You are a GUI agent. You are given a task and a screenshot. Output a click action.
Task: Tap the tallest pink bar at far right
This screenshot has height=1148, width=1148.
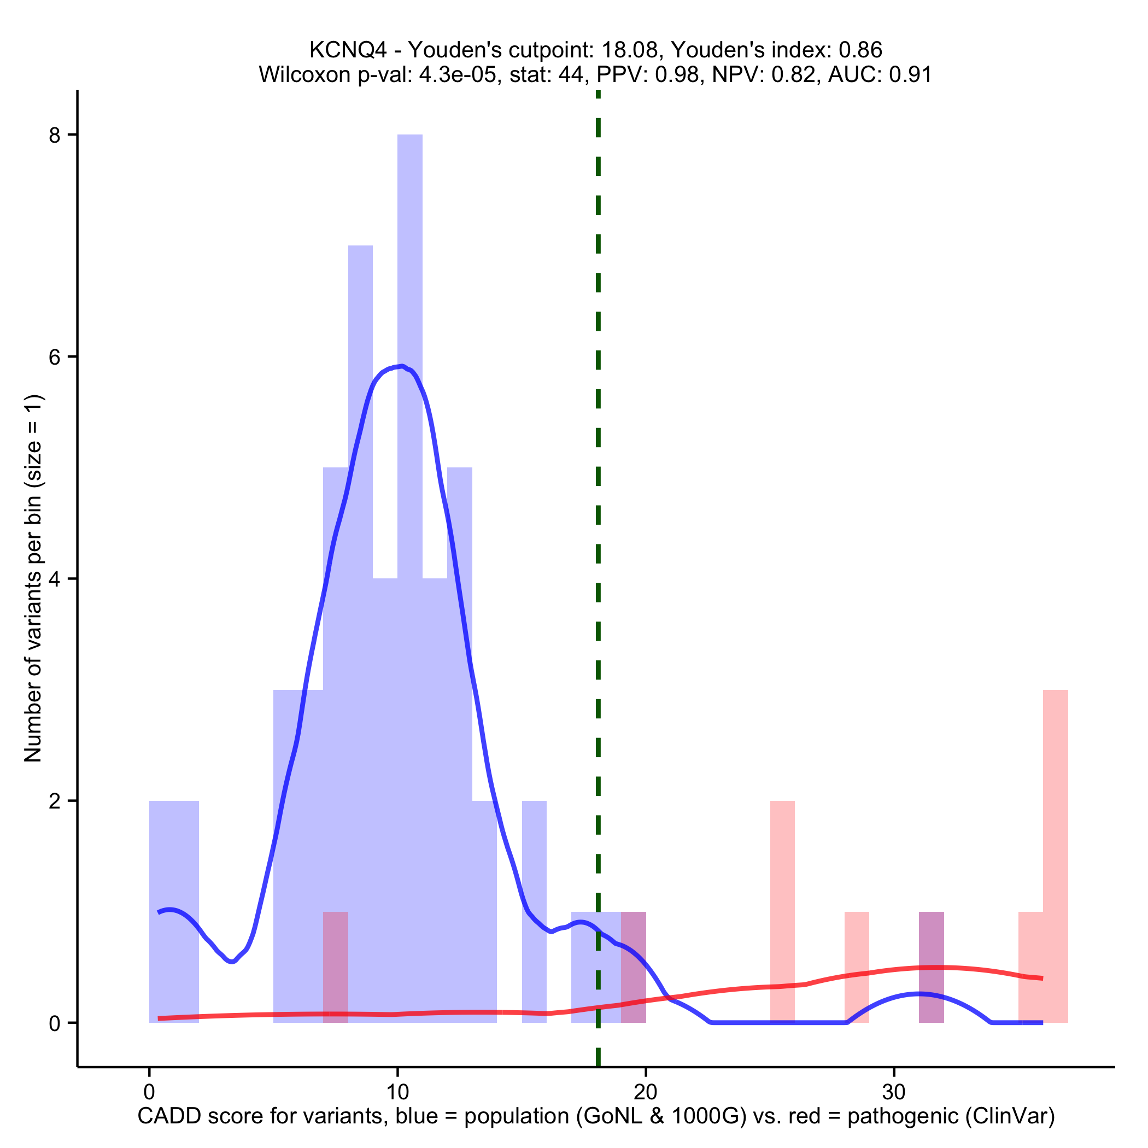pos(1055,832)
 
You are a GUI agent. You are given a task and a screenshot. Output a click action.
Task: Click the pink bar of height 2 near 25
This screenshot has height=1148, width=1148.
pos(782,891)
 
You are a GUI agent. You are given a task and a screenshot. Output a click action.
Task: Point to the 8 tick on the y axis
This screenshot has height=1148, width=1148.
pos(55,136)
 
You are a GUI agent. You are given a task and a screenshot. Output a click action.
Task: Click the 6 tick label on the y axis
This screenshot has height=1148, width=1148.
pos(55,357)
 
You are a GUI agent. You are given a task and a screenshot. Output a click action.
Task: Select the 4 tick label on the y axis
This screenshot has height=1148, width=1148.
pos(55,579)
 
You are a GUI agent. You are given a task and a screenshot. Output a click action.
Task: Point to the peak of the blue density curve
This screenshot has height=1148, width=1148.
pos(402,367)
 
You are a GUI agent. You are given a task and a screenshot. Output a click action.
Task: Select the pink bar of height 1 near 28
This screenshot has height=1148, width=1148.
pos(856,951)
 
